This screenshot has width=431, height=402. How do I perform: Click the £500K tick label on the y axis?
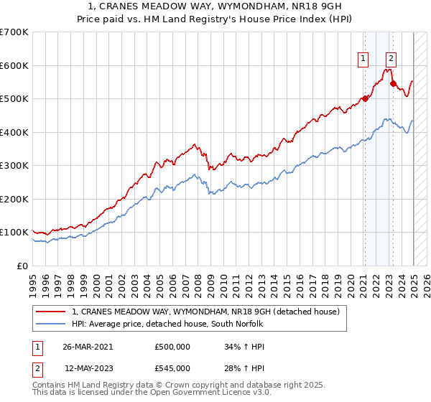pos(14,99)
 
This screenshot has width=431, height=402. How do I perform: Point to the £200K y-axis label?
pos(14,199)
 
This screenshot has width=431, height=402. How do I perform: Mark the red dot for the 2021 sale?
pos(364,99)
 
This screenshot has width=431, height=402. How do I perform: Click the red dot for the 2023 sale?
pos(393,84)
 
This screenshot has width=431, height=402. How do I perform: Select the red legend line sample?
pos(51,312)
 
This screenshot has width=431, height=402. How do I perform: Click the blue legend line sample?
pos(51,324)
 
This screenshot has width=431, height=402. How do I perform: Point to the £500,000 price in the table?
pos(172,346)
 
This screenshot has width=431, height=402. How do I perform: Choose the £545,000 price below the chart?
pos(172,368)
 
